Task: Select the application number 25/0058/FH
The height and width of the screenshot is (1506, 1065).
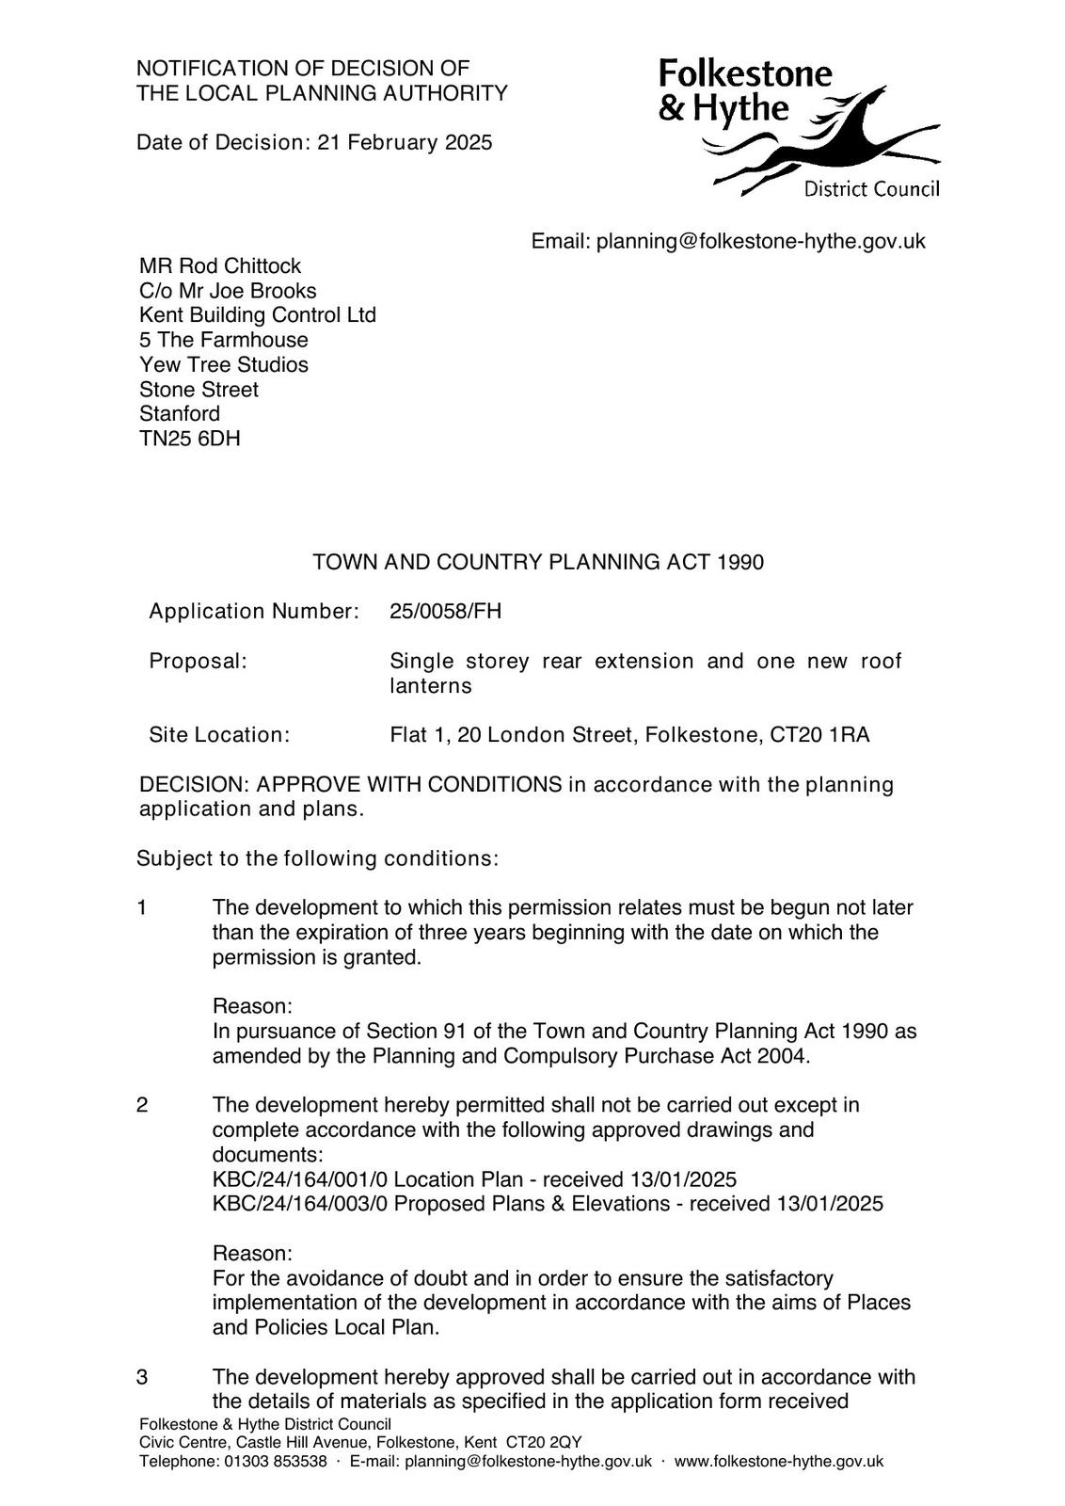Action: tap(445, 612)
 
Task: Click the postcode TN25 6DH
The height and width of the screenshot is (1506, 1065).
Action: tap(189, 439)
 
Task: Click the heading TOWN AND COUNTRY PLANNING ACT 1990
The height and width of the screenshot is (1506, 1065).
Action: tap(538, 563)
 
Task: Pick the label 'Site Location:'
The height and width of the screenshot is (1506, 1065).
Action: tap(219, 735)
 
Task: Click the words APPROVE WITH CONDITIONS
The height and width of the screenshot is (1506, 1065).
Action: tap(409, 785)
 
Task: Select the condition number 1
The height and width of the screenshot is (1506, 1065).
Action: tap(142, 908)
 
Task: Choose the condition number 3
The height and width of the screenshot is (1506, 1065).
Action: tap(142, 1377)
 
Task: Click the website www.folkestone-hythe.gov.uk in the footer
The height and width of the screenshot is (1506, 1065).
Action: tap(778, 1462)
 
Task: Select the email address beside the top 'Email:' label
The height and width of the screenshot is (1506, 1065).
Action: tap(760, 242)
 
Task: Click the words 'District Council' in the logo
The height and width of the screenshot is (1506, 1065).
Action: tap(870, 190)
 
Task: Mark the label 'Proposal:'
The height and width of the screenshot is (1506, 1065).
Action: tap(198, 662)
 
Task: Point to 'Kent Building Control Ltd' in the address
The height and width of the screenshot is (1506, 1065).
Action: tap(257, 315)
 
